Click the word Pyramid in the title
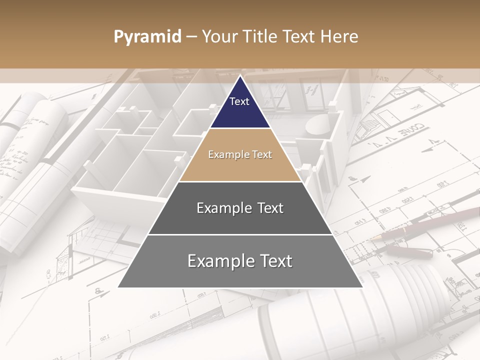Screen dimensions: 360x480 147,37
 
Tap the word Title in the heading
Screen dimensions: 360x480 261,37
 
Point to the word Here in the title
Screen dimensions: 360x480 339,37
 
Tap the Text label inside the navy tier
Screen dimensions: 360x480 239,101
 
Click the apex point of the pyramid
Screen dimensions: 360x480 240,76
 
